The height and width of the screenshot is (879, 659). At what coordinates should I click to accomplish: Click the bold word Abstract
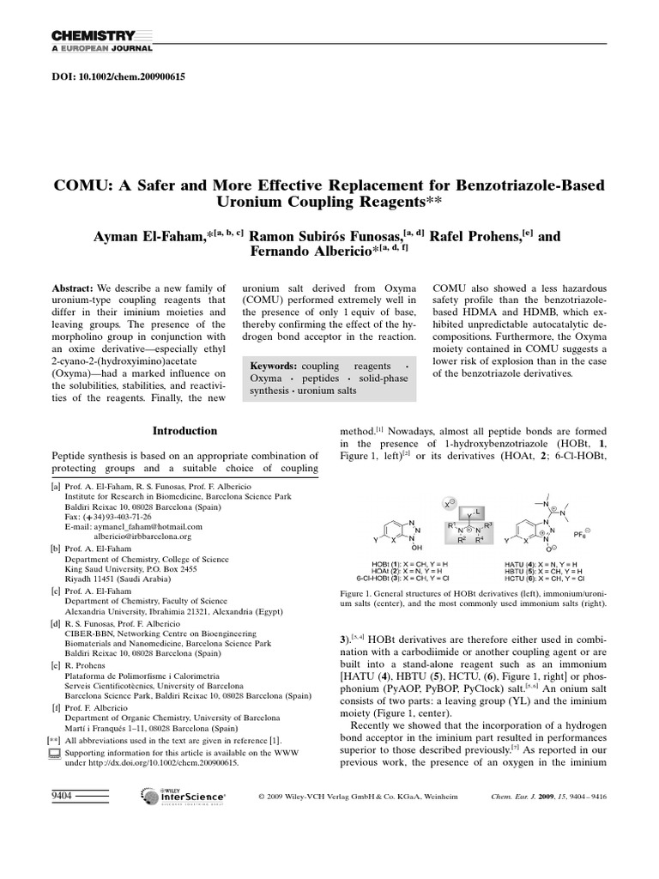[x=72, y=289]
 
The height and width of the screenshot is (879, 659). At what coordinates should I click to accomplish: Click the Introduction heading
[x=184, y=431]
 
